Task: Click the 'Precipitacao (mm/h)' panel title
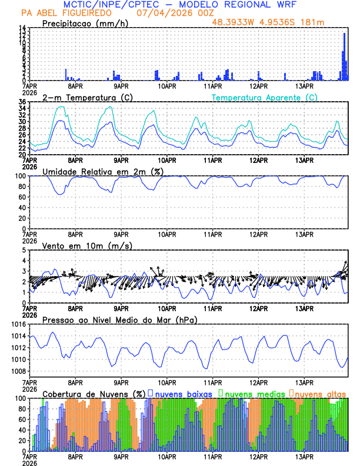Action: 84,24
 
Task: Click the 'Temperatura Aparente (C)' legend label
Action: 265,97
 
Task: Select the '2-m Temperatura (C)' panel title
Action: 86,97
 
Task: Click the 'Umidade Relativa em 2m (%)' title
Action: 103,171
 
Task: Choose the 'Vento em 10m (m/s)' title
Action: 87,245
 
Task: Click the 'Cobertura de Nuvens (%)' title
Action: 94,393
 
